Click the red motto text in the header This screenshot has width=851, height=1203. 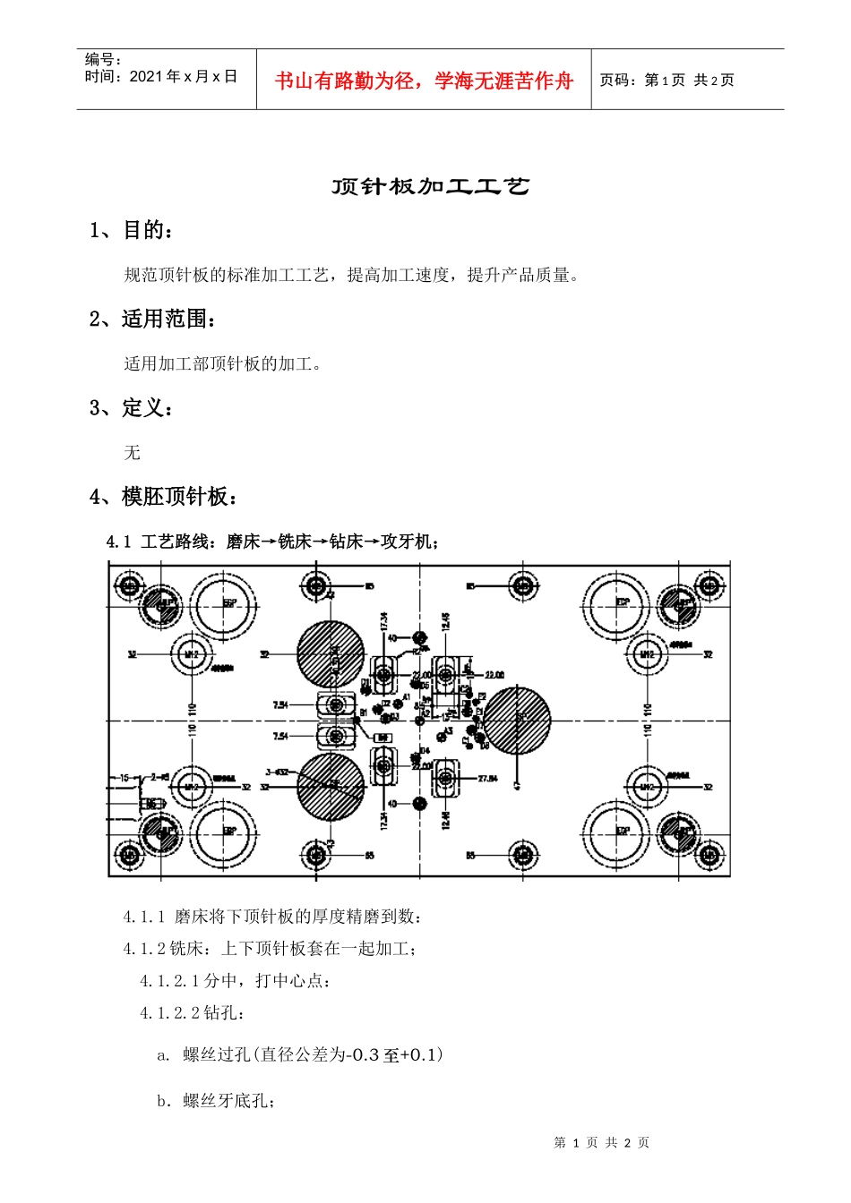(423, 81)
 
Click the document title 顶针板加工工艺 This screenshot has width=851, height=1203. (430, 186)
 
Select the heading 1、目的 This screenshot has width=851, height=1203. (131, 230)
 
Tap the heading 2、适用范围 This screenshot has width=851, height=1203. (152, 319)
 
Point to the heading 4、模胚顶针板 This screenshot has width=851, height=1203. (163, 496)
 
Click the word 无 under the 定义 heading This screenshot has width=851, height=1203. (133, 452)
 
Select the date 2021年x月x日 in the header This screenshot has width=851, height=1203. (183, 77)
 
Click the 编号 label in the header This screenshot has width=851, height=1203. (102, 60)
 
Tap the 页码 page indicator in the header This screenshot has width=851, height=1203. (666, 81)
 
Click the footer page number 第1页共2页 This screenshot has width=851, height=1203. (601, 1142)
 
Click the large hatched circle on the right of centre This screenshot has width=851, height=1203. (517, 720)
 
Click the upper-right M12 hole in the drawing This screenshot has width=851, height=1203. (647, 654)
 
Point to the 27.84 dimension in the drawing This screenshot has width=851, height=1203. (487, 779)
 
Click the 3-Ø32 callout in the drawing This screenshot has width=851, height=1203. (277, 772)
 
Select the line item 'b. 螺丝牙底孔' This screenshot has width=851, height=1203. (216, 1101)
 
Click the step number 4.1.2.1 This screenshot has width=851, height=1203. (170, 981)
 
